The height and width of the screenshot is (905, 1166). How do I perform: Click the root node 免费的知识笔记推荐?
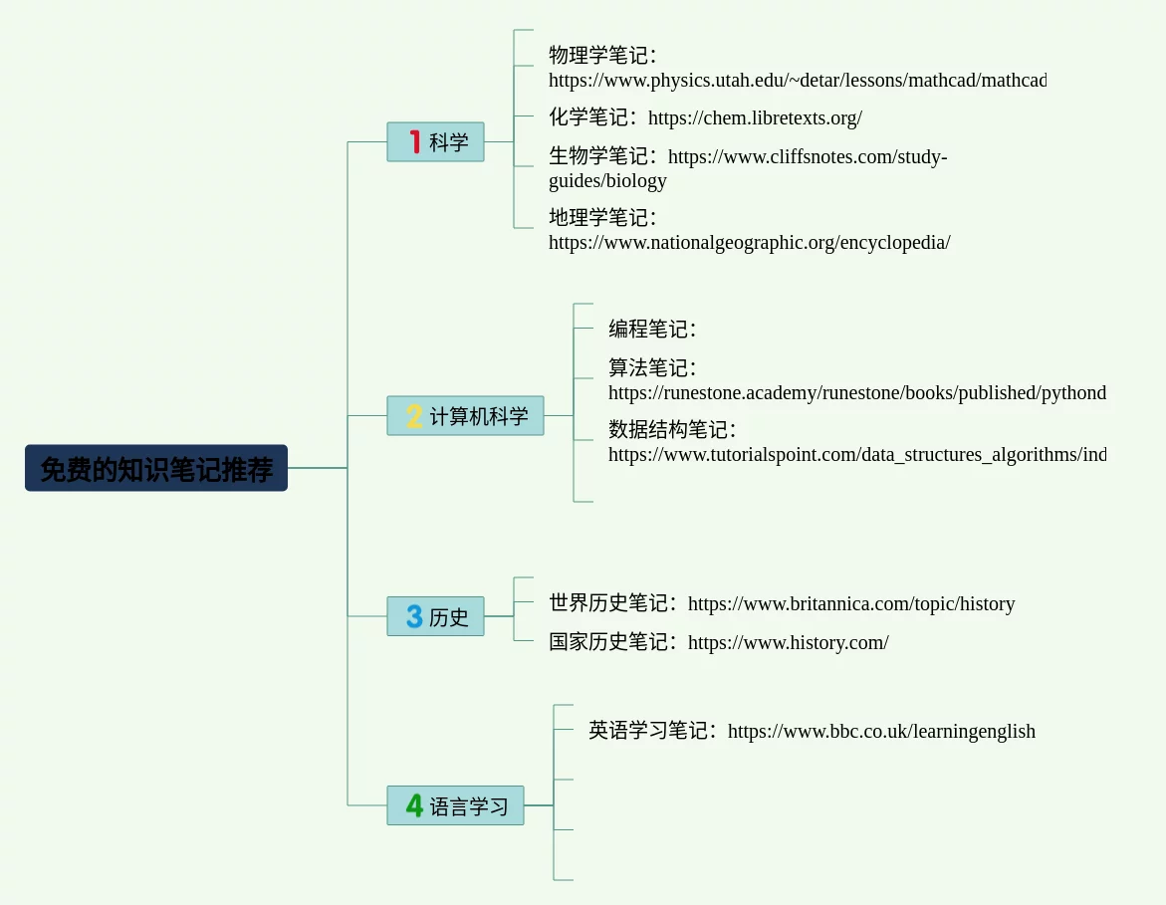tap(156, 468)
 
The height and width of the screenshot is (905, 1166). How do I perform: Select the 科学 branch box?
tap(435, 142)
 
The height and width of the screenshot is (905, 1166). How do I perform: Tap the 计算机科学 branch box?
tap(465, 415)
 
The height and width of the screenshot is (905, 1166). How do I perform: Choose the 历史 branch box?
tap(435, 616)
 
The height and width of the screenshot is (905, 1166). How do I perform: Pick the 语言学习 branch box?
tap(455, 805)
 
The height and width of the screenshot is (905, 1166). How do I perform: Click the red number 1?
tap(415, 142)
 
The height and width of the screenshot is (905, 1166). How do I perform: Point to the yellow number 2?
tap(414, 415)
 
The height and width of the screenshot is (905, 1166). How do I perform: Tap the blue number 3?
tap(414, 616)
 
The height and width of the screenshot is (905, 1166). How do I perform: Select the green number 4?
tap(414, 805)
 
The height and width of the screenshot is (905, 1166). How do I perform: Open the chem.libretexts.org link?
tap(755, 117)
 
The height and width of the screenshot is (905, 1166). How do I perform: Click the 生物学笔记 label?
tap(601, 156)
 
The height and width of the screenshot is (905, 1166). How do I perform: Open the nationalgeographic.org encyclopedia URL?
tap(749, 242)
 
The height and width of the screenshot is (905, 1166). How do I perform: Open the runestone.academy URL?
tap(856, 392)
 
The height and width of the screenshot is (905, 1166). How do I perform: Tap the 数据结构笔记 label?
tap(671, 430)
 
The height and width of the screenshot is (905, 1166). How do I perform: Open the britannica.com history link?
tap(851, 603)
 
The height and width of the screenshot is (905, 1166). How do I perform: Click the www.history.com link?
tap(788, 642)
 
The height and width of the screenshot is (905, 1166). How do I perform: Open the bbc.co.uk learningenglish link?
tap(881, 731)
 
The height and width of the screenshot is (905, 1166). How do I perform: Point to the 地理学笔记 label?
tap(601, 217)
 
